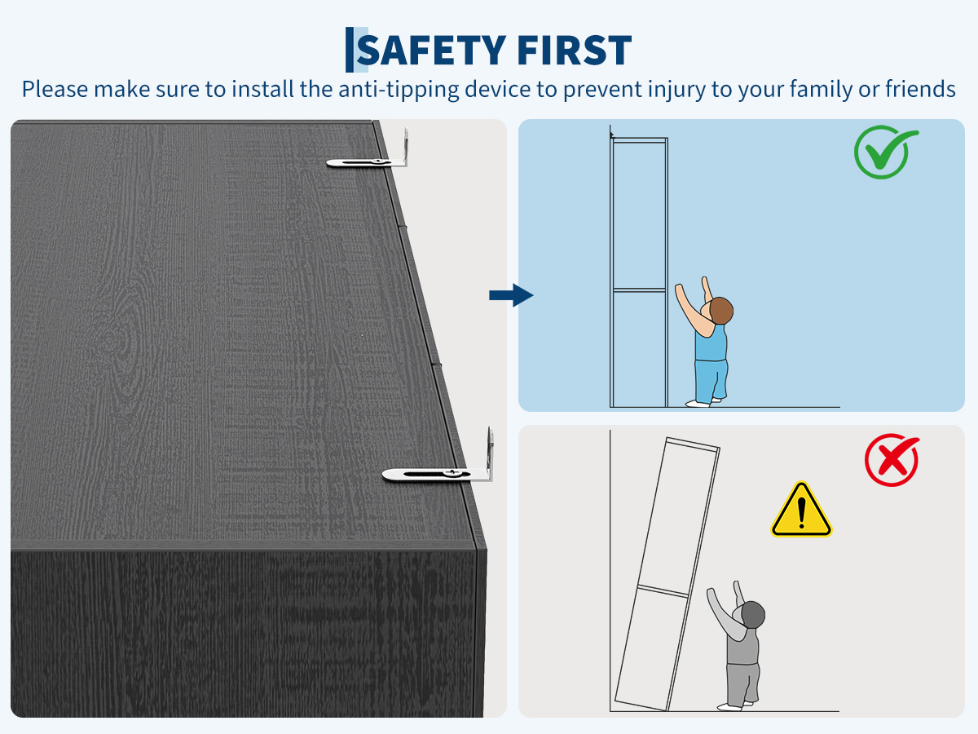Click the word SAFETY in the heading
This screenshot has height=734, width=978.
(431, 50)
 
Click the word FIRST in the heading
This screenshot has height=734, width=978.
(575, 50)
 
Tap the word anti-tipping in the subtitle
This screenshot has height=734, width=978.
(399, 90)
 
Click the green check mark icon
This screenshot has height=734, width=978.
(885, 152)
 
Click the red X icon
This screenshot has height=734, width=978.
(892, 459)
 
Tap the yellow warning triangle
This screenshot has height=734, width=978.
(801, 510)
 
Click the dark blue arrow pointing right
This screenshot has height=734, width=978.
(511, 295)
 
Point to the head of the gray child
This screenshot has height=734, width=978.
(752, 615)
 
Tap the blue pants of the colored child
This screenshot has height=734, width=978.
(711, 381)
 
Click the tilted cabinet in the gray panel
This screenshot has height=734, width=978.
(667, 552)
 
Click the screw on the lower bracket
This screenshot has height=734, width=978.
(453, 472)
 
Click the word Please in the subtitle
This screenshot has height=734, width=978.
(55, 89)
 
